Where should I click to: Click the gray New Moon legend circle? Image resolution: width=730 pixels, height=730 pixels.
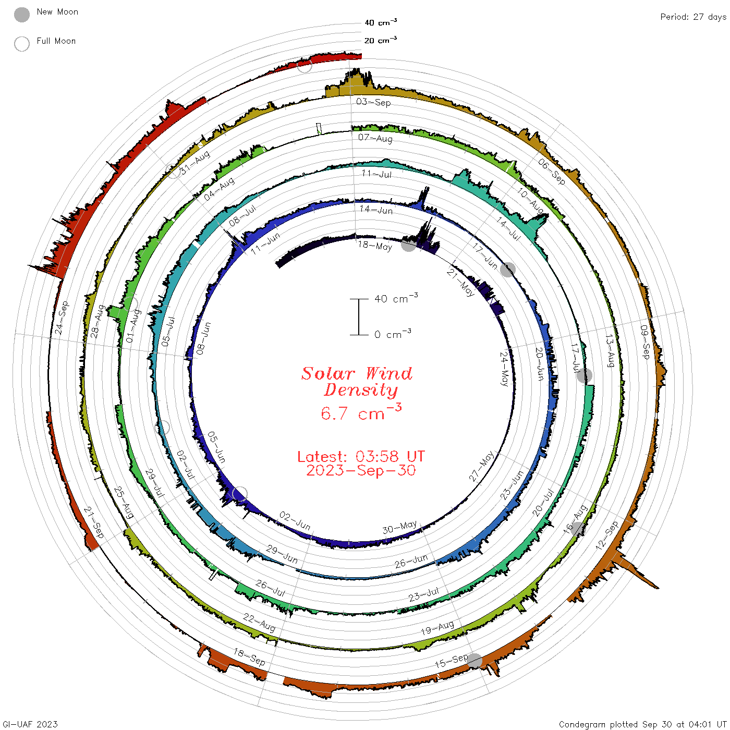[x=21, y=15]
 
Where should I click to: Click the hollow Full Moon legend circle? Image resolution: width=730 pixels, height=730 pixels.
[x=21, y=44]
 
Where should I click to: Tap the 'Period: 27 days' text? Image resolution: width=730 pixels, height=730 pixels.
[x=693, y=17]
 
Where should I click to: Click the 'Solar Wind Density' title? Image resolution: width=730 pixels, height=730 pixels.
[x=357, y=382]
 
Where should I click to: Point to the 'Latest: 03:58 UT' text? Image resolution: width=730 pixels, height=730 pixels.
[x=361, y=456]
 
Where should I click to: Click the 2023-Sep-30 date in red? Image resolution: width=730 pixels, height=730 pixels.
[x=361, y=470]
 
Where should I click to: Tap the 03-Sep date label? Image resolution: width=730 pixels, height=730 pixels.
[x=373, y=102]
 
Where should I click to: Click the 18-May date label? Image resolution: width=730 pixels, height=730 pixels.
[x=375, y=246]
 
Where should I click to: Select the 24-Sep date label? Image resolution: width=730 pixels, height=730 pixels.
[x=62, y=318]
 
